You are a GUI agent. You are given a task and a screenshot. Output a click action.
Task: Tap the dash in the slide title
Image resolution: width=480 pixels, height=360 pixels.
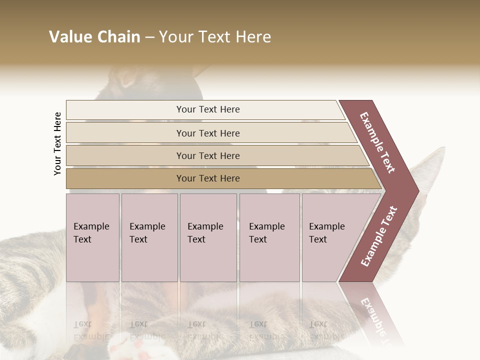point(149,37)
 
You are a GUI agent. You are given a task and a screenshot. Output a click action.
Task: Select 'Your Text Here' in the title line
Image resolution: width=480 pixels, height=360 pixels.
point(214,37)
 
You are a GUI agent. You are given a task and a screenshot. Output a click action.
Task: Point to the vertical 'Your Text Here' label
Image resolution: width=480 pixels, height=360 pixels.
point(57,143)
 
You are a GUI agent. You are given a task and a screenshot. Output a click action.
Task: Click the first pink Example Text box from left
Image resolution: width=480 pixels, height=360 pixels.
point(92,237)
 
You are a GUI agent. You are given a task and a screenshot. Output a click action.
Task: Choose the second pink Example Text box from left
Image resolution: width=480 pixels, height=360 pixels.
point(149,237)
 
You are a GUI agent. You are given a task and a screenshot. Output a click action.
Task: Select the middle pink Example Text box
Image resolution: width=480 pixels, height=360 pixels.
point(208,237)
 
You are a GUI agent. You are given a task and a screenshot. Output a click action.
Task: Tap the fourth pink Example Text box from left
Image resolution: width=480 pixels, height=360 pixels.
point(269,237)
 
